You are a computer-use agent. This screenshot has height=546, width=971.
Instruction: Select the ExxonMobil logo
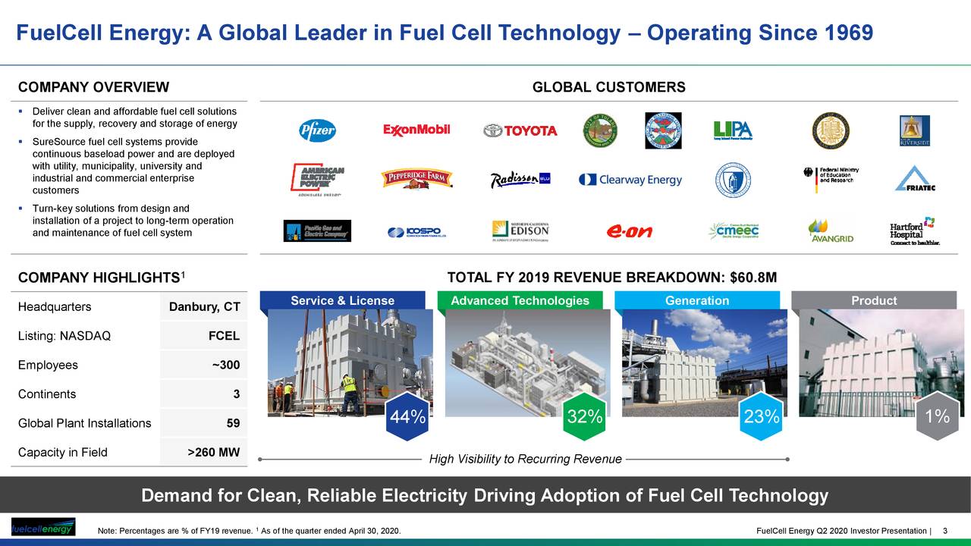(416, 130)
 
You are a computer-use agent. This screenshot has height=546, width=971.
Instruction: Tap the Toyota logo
(520, 130)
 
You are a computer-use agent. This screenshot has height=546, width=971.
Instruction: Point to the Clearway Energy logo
(630, 180)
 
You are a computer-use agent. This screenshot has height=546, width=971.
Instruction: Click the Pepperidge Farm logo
(416, 179)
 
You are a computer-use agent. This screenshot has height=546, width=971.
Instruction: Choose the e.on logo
(630, 231)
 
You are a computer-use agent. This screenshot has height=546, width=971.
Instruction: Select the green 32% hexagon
(585, 416)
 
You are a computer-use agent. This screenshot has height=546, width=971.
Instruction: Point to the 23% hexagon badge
(761, 416)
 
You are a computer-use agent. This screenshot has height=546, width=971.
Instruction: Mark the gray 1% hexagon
(937, 416)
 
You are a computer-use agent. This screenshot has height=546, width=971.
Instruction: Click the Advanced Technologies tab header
(520, 301)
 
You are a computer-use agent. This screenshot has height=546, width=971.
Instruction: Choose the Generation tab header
(697, 301)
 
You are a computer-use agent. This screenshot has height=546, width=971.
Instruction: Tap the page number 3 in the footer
(944, 529)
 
